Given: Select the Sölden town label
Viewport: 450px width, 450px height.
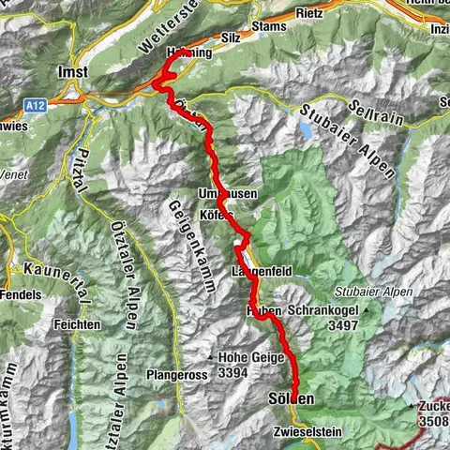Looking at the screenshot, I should point(292,400).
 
